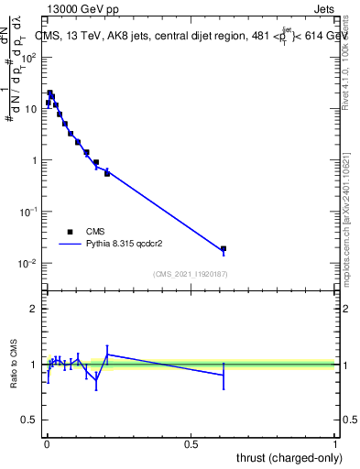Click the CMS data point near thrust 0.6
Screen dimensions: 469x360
point(224,249)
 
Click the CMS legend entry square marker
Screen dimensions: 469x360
point(71,232)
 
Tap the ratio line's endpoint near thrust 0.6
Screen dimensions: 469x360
point(224,375)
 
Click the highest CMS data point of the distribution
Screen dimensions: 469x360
point(50,93)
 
